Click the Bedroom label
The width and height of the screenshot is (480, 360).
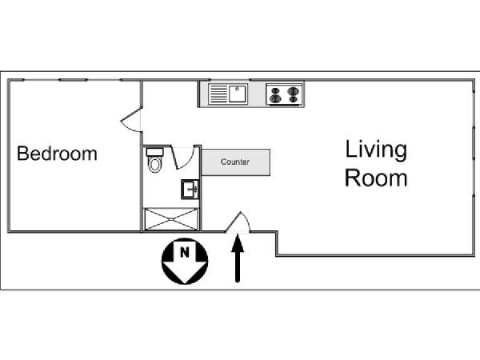pyautogui.click(x=57, y=154)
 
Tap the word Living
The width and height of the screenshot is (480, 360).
pyautogui.click(x=376, y=150)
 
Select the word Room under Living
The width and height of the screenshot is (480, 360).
pyautogui.click(x=376, y=178)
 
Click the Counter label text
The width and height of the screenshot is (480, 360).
pyautogui.click(x=235, y=162)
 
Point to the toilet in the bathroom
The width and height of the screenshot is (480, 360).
pyautogui.click(x=155, y=161)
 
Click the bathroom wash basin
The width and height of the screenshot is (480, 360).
pyautogui.click(x=190, y=190)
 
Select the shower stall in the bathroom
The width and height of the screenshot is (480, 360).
pyautogui.click(x=171, y=219)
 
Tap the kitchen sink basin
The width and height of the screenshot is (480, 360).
pyautogui.click(x=238, y=94)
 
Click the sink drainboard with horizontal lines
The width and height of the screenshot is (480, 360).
pyautogui.click(x=218, y=94)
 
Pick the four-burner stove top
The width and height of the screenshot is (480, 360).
pyautogui.click(x=284, y=94)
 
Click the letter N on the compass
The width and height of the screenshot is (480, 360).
pyautogui.click(x=184, y=253)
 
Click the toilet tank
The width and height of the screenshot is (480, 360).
pyautogui.click(x=155, y=152)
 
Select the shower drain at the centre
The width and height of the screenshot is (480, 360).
pyautogui.click(x=171, y=219)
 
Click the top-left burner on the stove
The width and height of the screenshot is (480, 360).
pyautogui.click(x=275, y=91)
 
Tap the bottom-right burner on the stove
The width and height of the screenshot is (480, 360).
pyautogui.click(x=293, y=99)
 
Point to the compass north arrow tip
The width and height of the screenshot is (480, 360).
pyautogui.click(x=185, y=283)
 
